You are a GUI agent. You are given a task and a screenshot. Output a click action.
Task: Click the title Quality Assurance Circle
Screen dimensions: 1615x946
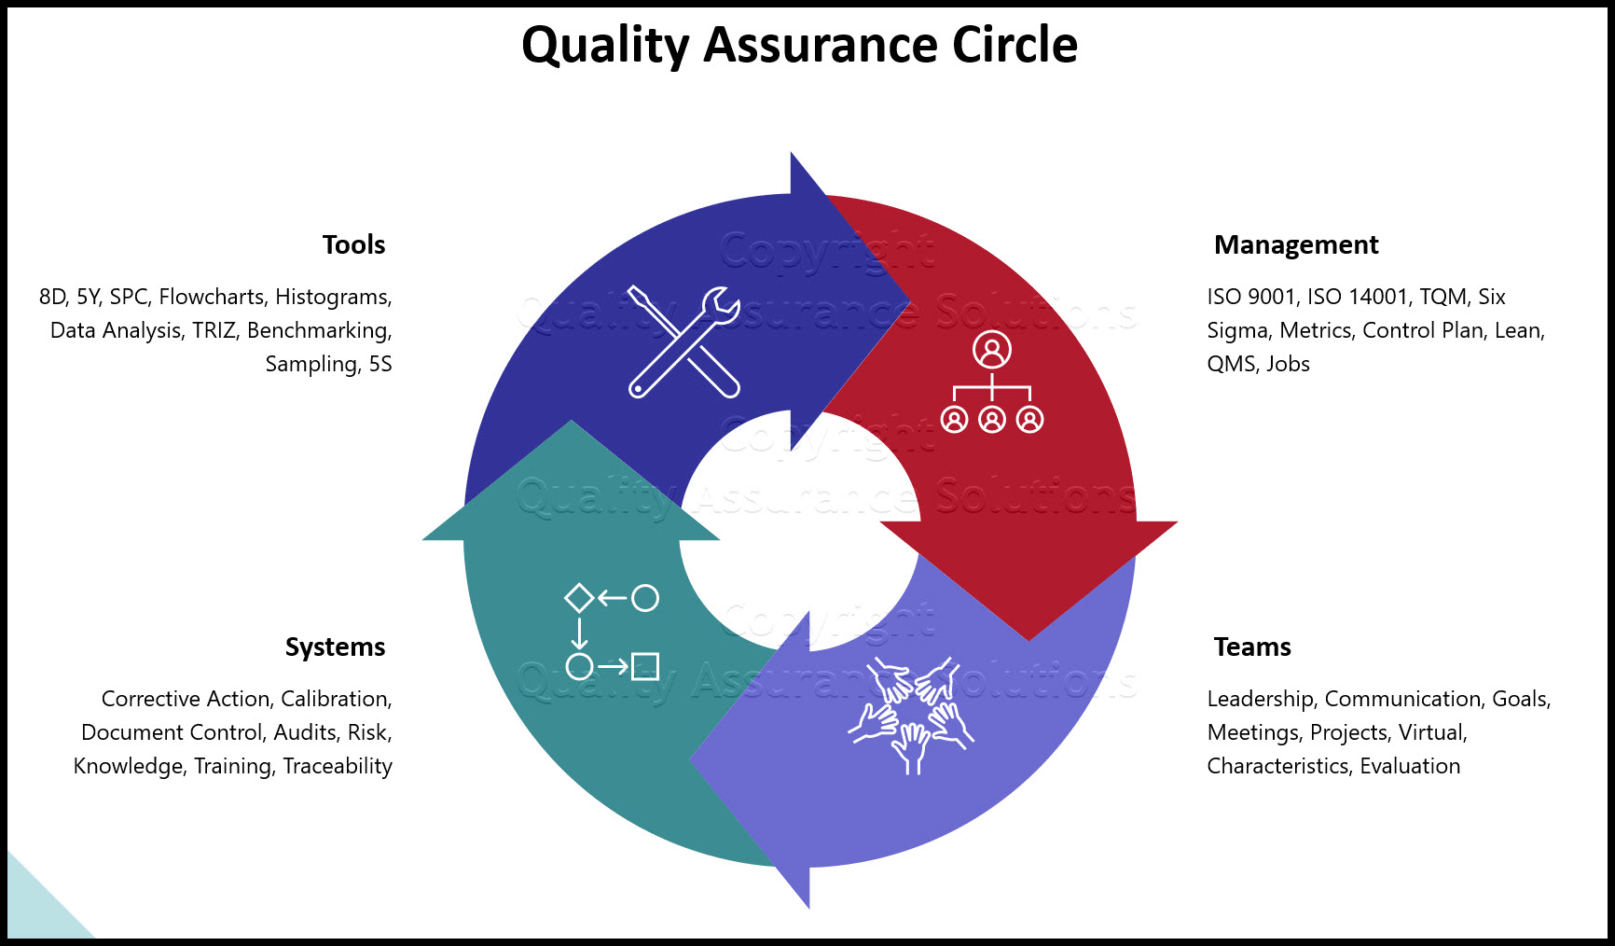pos(799,44)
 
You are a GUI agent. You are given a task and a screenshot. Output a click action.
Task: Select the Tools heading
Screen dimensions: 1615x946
pos(353,244)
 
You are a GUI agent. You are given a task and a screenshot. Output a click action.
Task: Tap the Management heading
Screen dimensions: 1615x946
pos(1296,244)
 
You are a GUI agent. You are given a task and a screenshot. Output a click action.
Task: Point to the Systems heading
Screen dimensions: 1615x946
pos(335,647)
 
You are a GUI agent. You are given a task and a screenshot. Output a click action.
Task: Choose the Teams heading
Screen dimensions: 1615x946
pos(1252,647)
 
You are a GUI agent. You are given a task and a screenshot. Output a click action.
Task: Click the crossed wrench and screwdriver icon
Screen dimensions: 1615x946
pos(684,341)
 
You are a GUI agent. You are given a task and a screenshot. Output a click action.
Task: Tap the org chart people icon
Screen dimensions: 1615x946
pos(992,382)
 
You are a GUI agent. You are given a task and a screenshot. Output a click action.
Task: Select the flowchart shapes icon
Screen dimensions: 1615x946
pos(612,633)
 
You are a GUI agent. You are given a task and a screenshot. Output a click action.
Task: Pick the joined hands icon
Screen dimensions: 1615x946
pos(911,715)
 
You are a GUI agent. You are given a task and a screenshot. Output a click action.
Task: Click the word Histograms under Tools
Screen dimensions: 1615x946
pos(333,298)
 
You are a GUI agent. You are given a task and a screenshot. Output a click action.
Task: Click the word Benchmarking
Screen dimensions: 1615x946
pos(320,331)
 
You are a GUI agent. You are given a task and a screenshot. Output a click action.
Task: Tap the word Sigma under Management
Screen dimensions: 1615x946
pos(1237,331)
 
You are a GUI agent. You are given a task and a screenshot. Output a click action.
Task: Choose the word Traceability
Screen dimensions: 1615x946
pos(338,766)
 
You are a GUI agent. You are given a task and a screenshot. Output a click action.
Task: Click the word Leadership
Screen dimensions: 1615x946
pos(1261,699)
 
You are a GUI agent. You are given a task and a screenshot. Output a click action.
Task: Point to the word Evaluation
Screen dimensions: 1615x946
pos(1410,766)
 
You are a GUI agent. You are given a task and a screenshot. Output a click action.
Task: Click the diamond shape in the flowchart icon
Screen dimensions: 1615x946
pos(579,598)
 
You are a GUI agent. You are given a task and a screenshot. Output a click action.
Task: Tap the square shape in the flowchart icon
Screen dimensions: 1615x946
pos(645,667)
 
